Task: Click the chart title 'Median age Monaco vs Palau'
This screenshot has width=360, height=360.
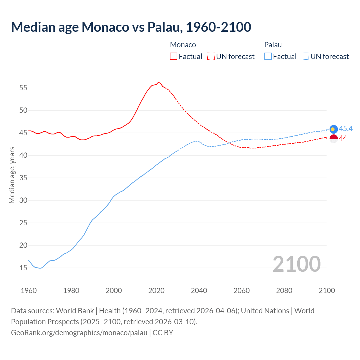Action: [131, 27]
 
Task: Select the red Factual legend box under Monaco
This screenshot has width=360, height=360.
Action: [174, 57]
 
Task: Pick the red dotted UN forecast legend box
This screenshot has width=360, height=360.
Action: [211, 57]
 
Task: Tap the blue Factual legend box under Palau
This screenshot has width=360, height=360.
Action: [268, 57]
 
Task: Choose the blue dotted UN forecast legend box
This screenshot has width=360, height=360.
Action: [305, 57]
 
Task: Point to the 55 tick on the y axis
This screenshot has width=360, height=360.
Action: [23, 88]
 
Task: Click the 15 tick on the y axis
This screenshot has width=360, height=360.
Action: [23, 268]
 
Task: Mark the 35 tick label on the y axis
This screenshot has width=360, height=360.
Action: [23, 178]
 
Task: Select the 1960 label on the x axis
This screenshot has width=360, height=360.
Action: [29, 291]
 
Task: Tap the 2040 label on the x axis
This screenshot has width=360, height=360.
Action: [199, 291]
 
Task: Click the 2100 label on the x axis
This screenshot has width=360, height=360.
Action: [327, 291]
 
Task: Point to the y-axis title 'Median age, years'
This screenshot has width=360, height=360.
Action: [12, 175]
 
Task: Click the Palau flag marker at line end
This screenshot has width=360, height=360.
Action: [334, 129]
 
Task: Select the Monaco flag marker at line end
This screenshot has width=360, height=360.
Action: [334, 138]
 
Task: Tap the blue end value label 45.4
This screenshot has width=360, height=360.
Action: [346, 129]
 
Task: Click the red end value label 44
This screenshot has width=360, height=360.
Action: [343, 138]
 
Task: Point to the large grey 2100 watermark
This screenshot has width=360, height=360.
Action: [296, 264]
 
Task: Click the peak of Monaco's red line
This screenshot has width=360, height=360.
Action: [158, 82]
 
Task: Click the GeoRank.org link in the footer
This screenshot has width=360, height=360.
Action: [79, 333]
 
